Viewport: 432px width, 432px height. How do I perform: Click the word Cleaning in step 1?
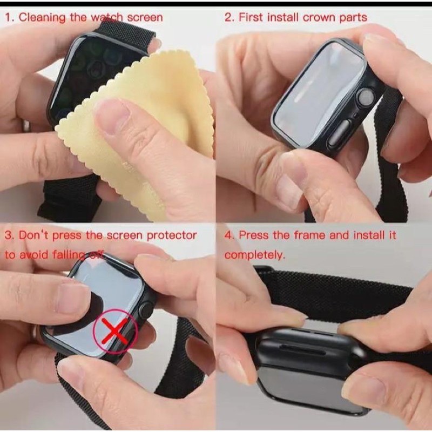[x=42, y=17]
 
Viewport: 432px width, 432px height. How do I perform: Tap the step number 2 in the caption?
[x=228, y=17]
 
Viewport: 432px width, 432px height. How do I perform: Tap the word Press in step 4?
[x=254, y=235]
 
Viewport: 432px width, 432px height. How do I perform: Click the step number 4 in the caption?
[x=228, y=235]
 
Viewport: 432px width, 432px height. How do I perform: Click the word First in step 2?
[x=252, y=17]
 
